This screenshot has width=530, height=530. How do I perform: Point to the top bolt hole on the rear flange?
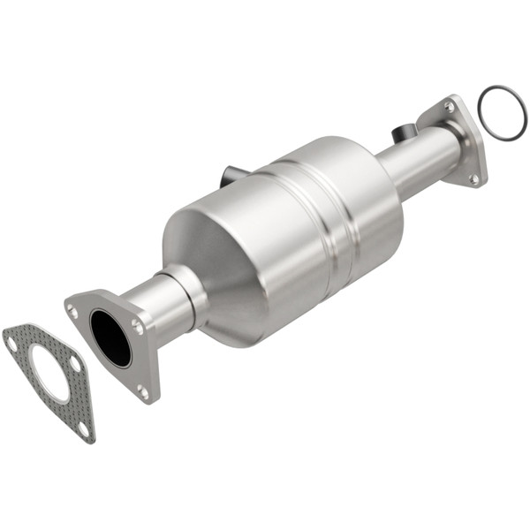[x=450, y=107]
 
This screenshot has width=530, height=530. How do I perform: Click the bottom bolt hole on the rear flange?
[x=473, y=178]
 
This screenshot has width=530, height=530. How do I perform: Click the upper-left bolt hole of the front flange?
[x=72, y=310]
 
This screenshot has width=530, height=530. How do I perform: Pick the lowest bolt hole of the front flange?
[x=143, y=390]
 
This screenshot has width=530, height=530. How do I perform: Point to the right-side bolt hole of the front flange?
[x=137, y=326]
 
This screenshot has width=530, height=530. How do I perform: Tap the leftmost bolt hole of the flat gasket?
[x=12, y=340]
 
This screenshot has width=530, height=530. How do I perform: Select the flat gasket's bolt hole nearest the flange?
[x=75, y=362]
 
